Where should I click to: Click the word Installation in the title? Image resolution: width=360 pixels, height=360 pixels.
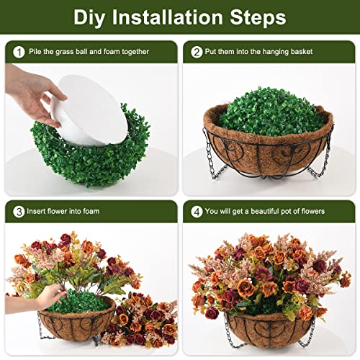(x=175, y=17)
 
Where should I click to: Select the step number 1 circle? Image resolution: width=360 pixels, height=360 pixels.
(x=17, y=51)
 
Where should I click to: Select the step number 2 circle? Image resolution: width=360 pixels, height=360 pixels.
(x=197, y=51)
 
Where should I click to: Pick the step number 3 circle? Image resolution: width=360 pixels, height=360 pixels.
(x=17, y=211)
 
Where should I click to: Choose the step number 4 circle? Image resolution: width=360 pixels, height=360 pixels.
(x=197, y=211)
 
